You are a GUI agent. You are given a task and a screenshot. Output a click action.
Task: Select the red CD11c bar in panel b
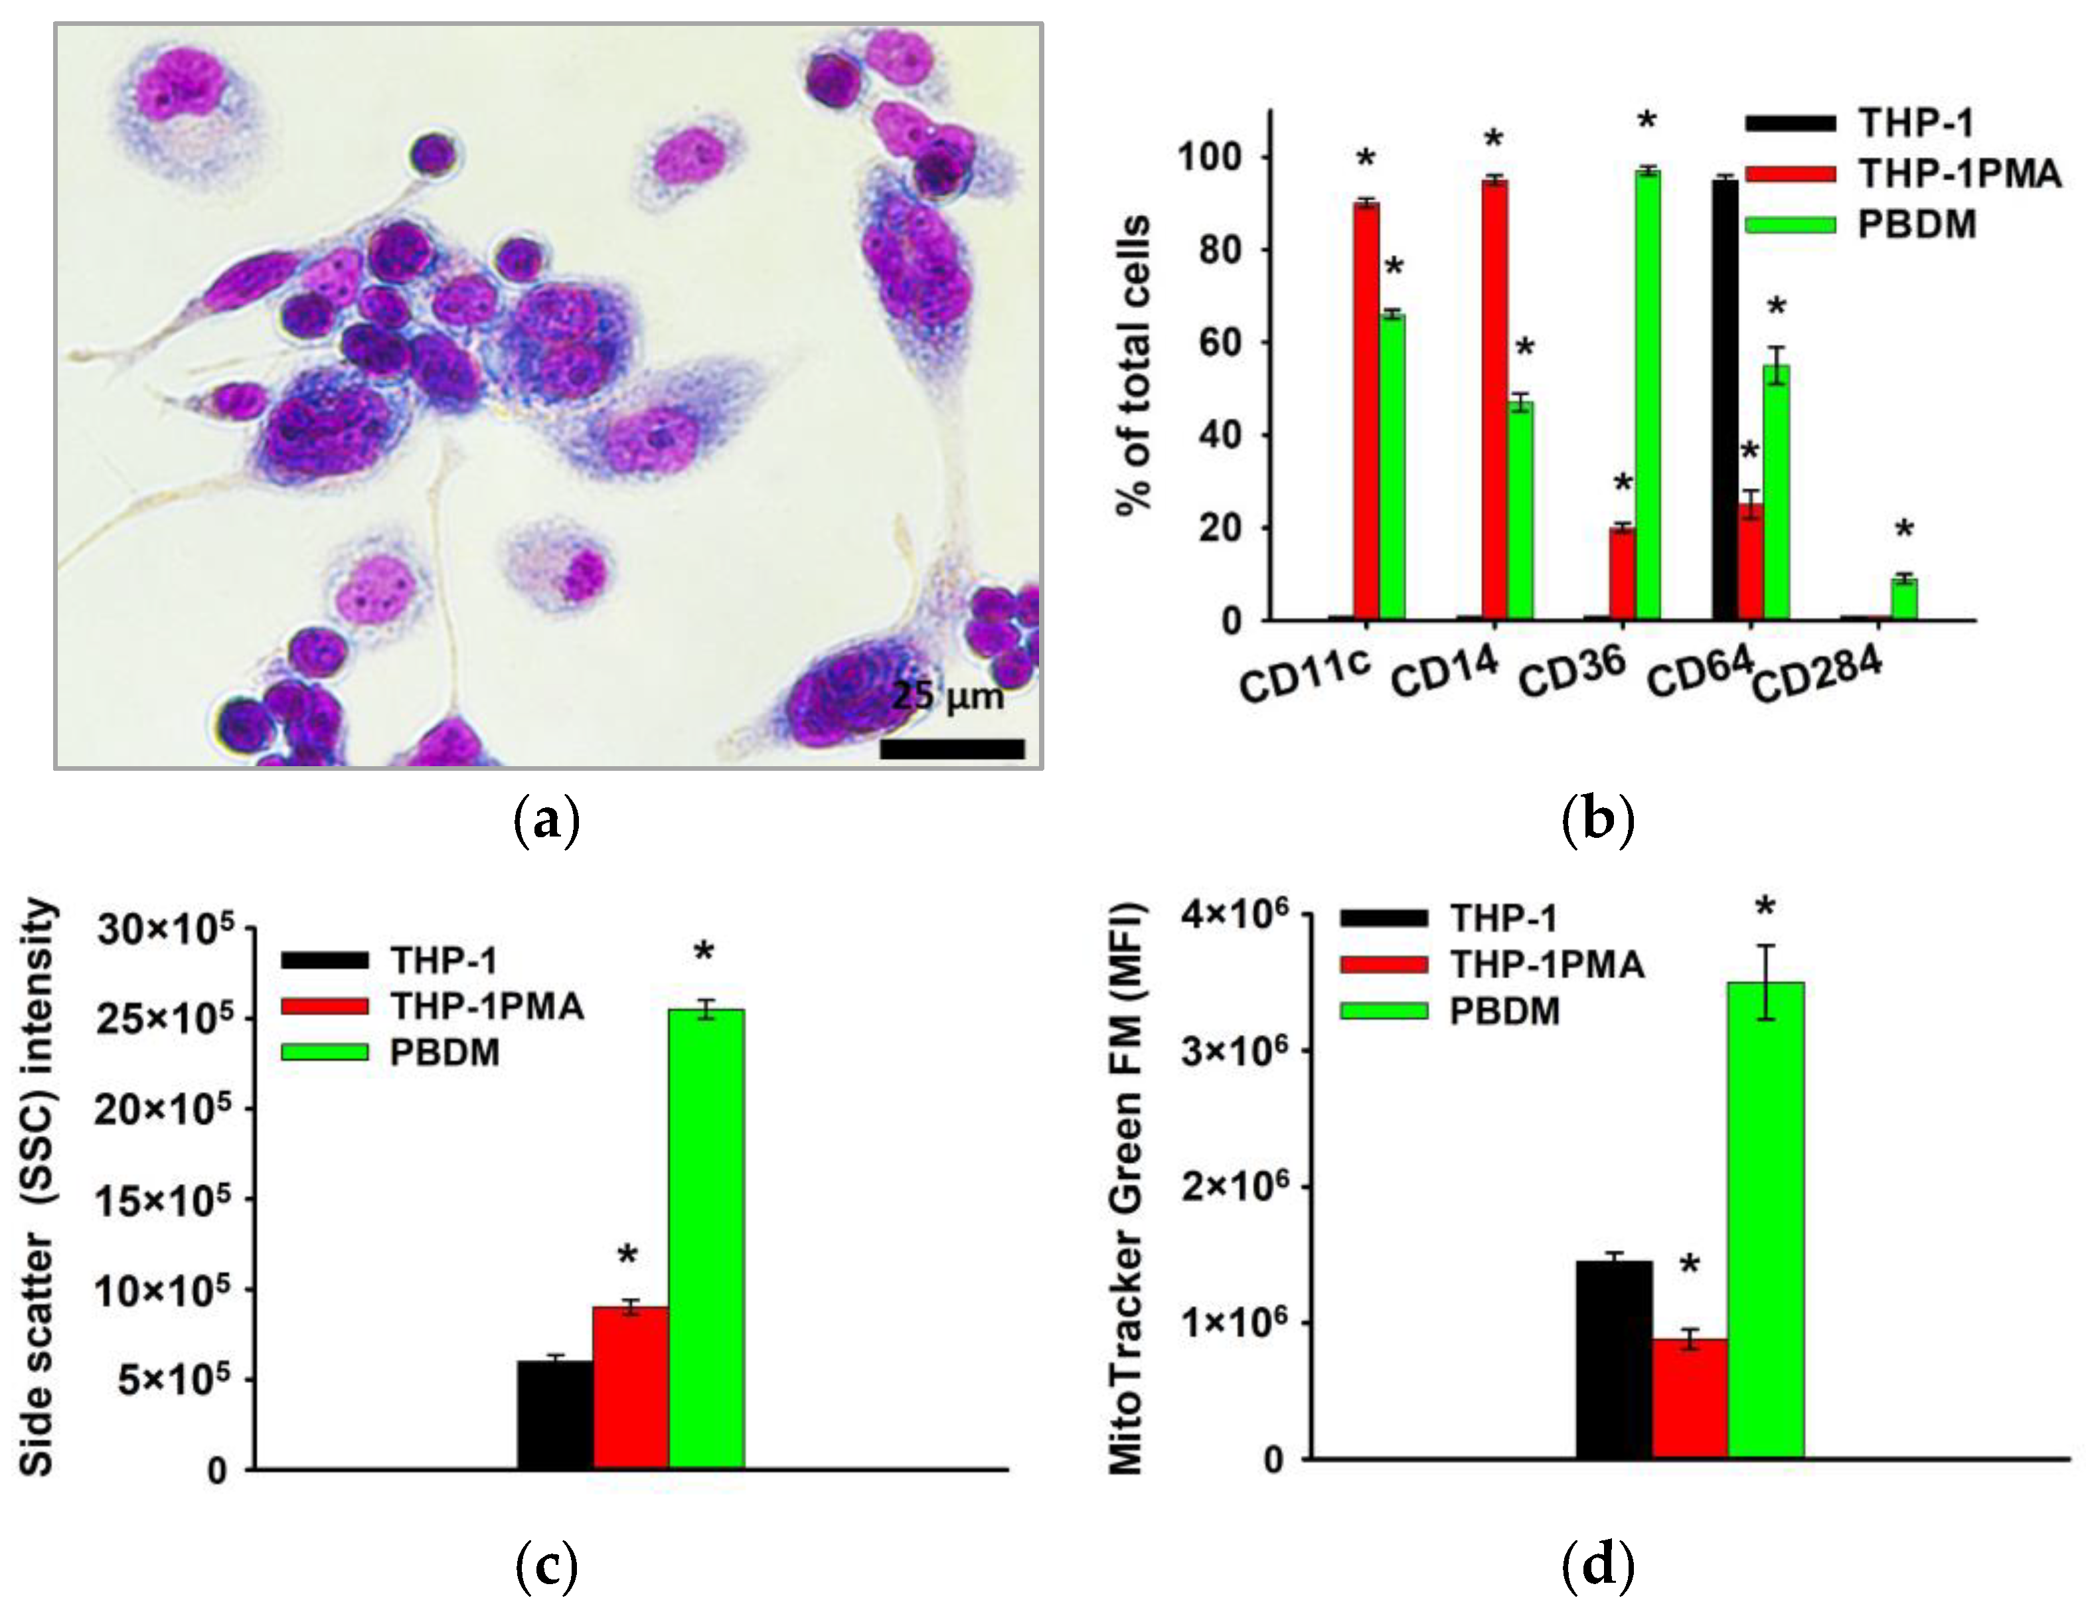[x=1366, y=411]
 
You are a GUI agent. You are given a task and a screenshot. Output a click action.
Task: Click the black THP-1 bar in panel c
[x=555, y=1415]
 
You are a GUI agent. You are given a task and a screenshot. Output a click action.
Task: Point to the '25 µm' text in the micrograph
[x=947, y=697]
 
